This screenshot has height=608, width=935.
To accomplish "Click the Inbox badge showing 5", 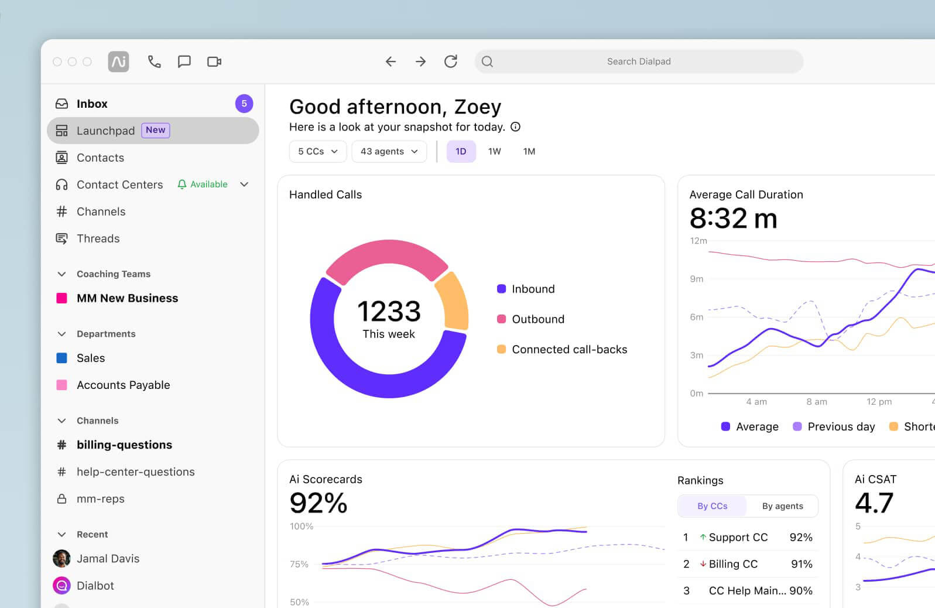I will [244, 104].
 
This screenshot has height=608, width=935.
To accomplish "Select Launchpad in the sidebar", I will [105, 131].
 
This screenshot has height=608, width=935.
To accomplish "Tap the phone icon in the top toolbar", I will [154, 62].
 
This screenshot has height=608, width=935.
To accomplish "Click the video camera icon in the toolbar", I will [214, 62].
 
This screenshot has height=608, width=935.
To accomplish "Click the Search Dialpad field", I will [638, 62].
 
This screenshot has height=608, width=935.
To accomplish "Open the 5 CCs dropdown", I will [317, 151].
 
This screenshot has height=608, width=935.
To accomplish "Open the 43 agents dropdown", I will [389, 151].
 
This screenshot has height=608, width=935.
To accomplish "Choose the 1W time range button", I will [494, 151].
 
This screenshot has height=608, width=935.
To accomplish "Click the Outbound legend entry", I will [537, 319].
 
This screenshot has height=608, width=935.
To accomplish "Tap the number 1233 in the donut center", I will [389, 311].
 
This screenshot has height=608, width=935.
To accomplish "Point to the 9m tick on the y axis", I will [697, 279].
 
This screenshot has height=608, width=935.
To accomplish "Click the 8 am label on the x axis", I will [816, 402].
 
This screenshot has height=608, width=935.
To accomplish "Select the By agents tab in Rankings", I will [782, 506].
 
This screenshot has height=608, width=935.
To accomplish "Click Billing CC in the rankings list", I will [733, 564].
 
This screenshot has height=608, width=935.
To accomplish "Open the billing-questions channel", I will [124, 445].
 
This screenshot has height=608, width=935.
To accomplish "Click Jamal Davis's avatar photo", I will [61, 559].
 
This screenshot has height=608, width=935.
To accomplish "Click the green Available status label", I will [208, 185].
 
